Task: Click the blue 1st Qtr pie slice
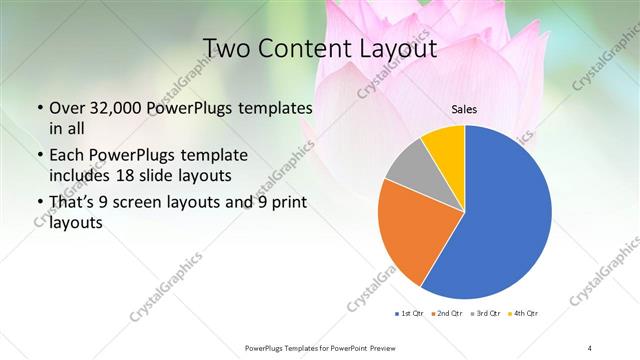pos(500,220)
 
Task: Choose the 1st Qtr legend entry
pos(411,314)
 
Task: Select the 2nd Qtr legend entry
pos(447,314)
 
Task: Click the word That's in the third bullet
pos(73,203)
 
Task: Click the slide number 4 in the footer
pos(590,347)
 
